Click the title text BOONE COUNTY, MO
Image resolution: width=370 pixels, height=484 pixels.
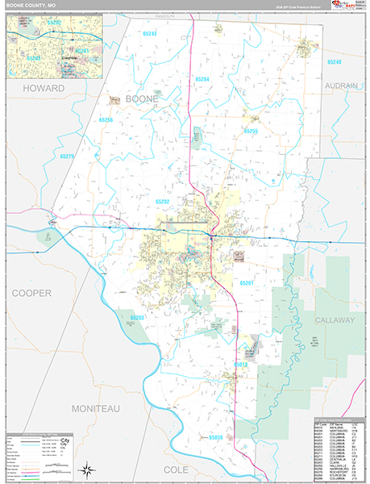coord(28,6)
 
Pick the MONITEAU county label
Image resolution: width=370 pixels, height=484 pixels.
coord(95,409)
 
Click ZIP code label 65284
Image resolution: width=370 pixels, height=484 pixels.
coord(202,79)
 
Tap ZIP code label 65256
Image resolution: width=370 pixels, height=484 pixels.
coord(106,119)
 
